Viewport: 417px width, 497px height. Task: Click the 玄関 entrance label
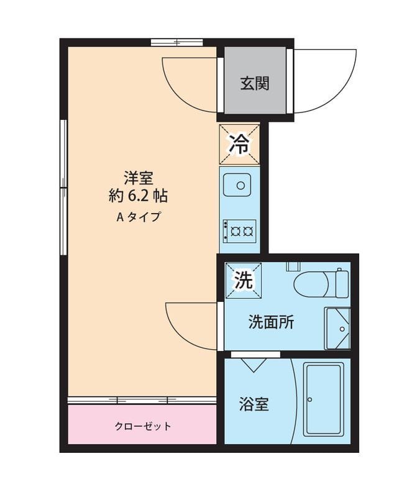[x=255, y=83]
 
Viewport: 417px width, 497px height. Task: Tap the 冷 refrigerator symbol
[x=239, y=144]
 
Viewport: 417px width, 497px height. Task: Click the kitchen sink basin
[x=239, y=185]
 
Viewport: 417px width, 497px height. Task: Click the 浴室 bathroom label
[x=254, y=404]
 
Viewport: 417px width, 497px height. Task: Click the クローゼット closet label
[x=142, y=426]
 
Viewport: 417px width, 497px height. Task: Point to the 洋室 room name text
[x=138, y=178]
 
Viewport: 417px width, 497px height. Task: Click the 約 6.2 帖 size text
[x=138, y=196]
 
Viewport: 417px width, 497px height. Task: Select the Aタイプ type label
[x=138, y=217]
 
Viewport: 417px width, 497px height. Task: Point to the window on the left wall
[x=63, y=186]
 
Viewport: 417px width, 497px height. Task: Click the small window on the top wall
[x=176, y=43]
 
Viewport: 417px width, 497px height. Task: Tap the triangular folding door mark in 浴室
[x=254, y=363]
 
